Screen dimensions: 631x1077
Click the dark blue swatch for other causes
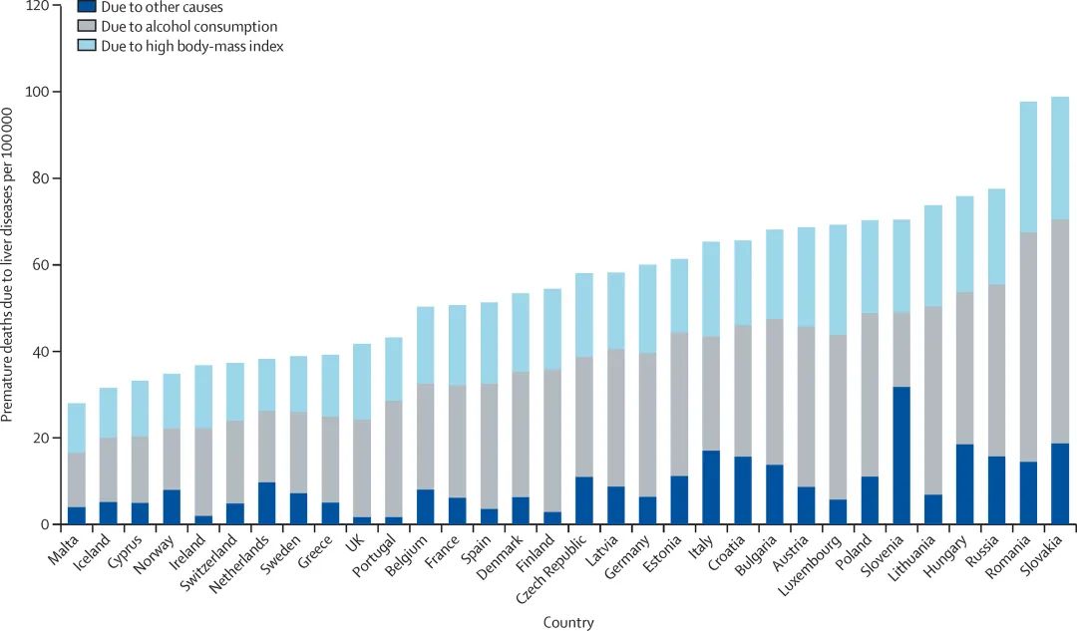tap(87, 6)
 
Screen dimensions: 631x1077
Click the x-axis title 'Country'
tap(568, 623)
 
